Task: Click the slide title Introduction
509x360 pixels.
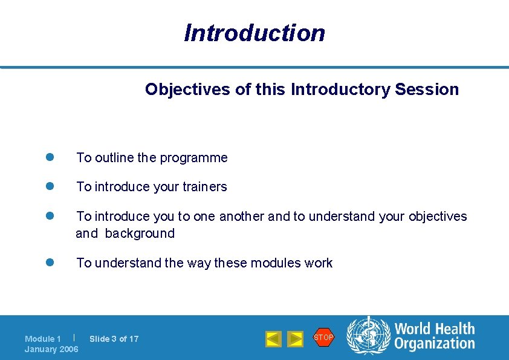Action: coord(254,33)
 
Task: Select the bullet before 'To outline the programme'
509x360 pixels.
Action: coord(51,157)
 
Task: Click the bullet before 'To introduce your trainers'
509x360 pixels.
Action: coord(51,186)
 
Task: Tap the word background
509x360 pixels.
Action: coord(140,234)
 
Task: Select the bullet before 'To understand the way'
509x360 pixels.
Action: coord(51,263)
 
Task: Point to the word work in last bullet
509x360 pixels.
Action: coord(319,263)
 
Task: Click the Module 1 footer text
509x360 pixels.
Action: coord(43,339)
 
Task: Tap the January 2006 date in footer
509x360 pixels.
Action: coord(51,349)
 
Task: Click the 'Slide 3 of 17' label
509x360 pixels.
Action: coord(114,339)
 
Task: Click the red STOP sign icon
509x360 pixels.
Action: coord(323,337)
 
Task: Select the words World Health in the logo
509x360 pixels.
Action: coord(434,329)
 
